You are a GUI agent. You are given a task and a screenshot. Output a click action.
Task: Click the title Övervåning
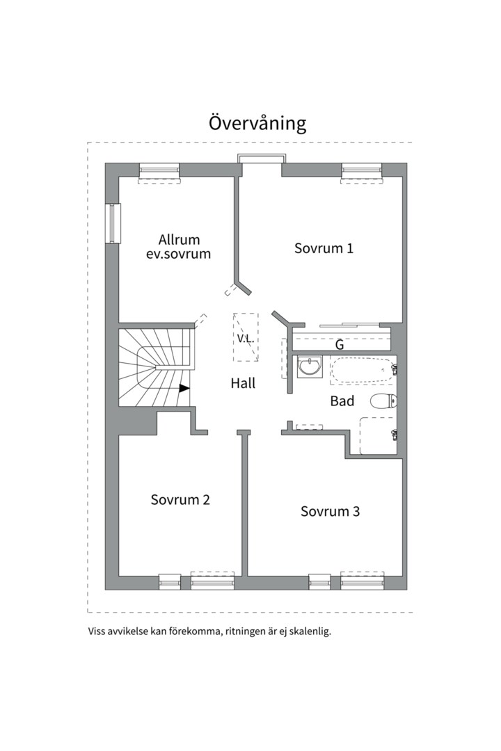point(257,123)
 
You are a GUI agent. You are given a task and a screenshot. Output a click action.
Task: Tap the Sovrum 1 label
point(324,248)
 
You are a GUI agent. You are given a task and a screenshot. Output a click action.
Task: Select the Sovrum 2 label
point(180,499)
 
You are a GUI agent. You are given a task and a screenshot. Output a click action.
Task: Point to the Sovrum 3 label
point(330,511)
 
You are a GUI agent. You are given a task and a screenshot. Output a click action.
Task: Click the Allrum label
point(180,239)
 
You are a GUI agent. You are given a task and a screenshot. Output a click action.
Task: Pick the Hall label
point(243,383)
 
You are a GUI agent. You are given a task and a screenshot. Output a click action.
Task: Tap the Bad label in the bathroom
point(342,401)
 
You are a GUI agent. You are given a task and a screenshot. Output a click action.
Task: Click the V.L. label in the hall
point(245,339)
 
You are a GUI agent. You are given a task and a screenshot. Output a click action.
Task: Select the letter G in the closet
point(340,344)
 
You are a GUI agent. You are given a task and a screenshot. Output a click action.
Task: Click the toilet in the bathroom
point(383,401)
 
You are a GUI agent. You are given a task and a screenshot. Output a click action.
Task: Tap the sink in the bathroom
point(309,367)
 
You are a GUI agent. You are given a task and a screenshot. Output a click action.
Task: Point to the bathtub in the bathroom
point(363,371)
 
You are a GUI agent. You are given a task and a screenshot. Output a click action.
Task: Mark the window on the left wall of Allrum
point(113,224)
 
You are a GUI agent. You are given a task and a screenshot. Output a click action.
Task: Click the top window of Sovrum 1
point(363,172)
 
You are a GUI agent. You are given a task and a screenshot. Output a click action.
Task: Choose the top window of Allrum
point(159,172)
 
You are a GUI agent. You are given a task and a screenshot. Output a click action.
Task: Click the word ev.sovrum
point(178,253)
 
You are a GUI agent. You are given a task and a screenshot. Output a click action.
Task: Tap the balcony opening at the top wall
point(262,159)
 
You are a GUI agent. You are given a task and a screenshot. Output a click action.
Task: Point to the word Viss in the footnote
point(96,631)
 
